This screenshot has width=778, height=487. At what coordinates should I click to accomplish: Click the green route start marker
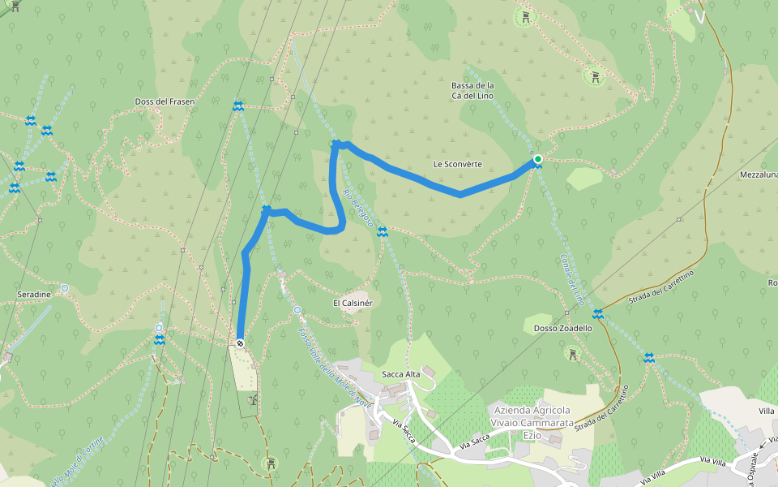click(537, 159)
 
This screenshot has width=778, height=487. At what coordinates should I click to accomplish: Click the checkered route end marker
click(240, 343)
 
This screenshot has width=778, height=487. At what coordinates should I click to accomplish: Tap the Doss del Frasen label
click(165, 101)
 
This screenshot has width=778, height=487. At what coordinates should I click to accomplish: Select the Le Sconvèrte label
click(458, 164)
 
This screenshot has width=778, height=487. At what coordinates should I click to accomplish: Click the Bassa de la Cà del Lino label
click(472, 90)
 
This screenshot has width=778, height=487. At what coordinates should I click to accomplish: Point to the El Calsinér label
click(353, 303)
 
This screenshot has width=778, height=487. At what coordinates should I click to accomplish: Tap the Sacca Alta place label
click(401, 374)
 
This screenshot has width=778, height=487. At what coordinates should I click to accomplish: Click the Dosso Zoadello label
click(563, 329)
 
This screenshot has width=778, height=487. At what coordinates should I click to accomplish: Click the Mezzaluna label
click(759, 175)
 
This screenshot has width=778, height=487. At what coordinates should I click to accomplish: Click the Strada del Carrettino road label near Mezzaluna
click(661, 287)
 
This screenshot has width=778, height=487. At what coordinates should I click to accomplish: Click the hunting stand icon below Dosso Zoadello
click(573, 354)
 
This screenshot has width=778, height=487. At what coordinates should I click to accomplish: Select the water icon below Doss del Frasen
click(237, 106)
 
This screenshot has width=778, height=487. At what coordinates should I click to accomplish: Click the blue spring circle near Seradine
click(64, 288)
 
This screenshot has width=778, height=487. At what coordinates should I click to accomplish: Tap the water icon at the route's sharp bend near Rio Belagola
click(336, 144)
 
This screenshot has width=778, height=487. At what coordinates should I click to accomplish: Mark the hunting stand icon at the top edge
click(527, 16)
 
